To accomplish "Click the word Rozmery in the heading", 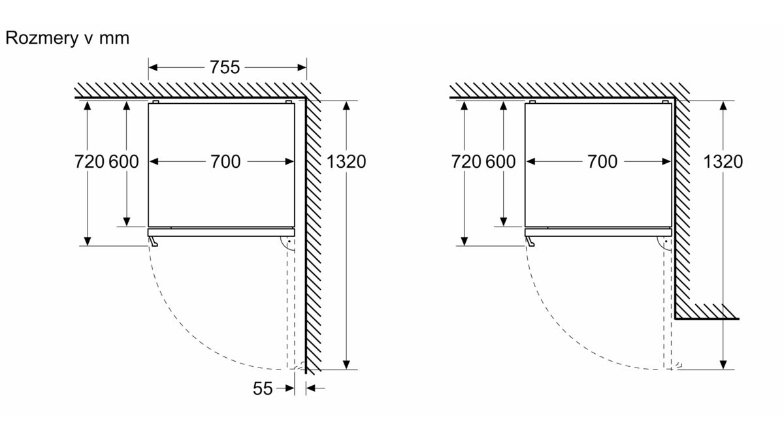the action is point(42,38).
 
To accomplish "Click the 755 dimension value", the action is point(225,67).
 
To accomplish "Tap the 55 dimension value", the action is point(263,388).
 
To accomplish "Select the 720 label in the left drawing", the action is point(90,162).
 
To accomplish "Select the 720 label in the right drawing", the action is point(466,162).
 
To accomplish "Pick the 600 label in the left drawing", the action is point(123,162).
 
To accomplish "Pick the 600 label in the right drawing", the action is point(500,162).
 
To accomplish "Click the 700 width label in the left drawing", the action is point(225,162).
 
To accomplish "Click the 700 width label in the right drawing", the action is point(602,162).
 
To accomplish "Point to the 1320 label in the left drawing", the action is point(346,162).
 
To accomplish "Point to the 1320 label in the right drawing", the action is point(723,162).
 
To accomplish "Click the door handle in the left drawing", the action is point(153,241).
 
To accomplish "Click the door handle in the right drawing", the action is point(530,241).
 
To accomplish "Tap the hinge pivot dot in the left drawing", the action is point(289,242).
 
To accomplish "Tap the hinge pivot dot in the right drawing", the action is point(666,242).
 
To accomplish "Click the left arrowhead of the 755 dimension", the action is point(153,67).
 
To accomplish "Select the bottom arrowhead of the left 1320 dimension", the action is point(346,365).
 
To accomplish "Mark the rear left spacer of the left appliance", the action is point(155,102).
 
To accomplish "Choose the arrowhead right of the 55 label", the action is point(290,388).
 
